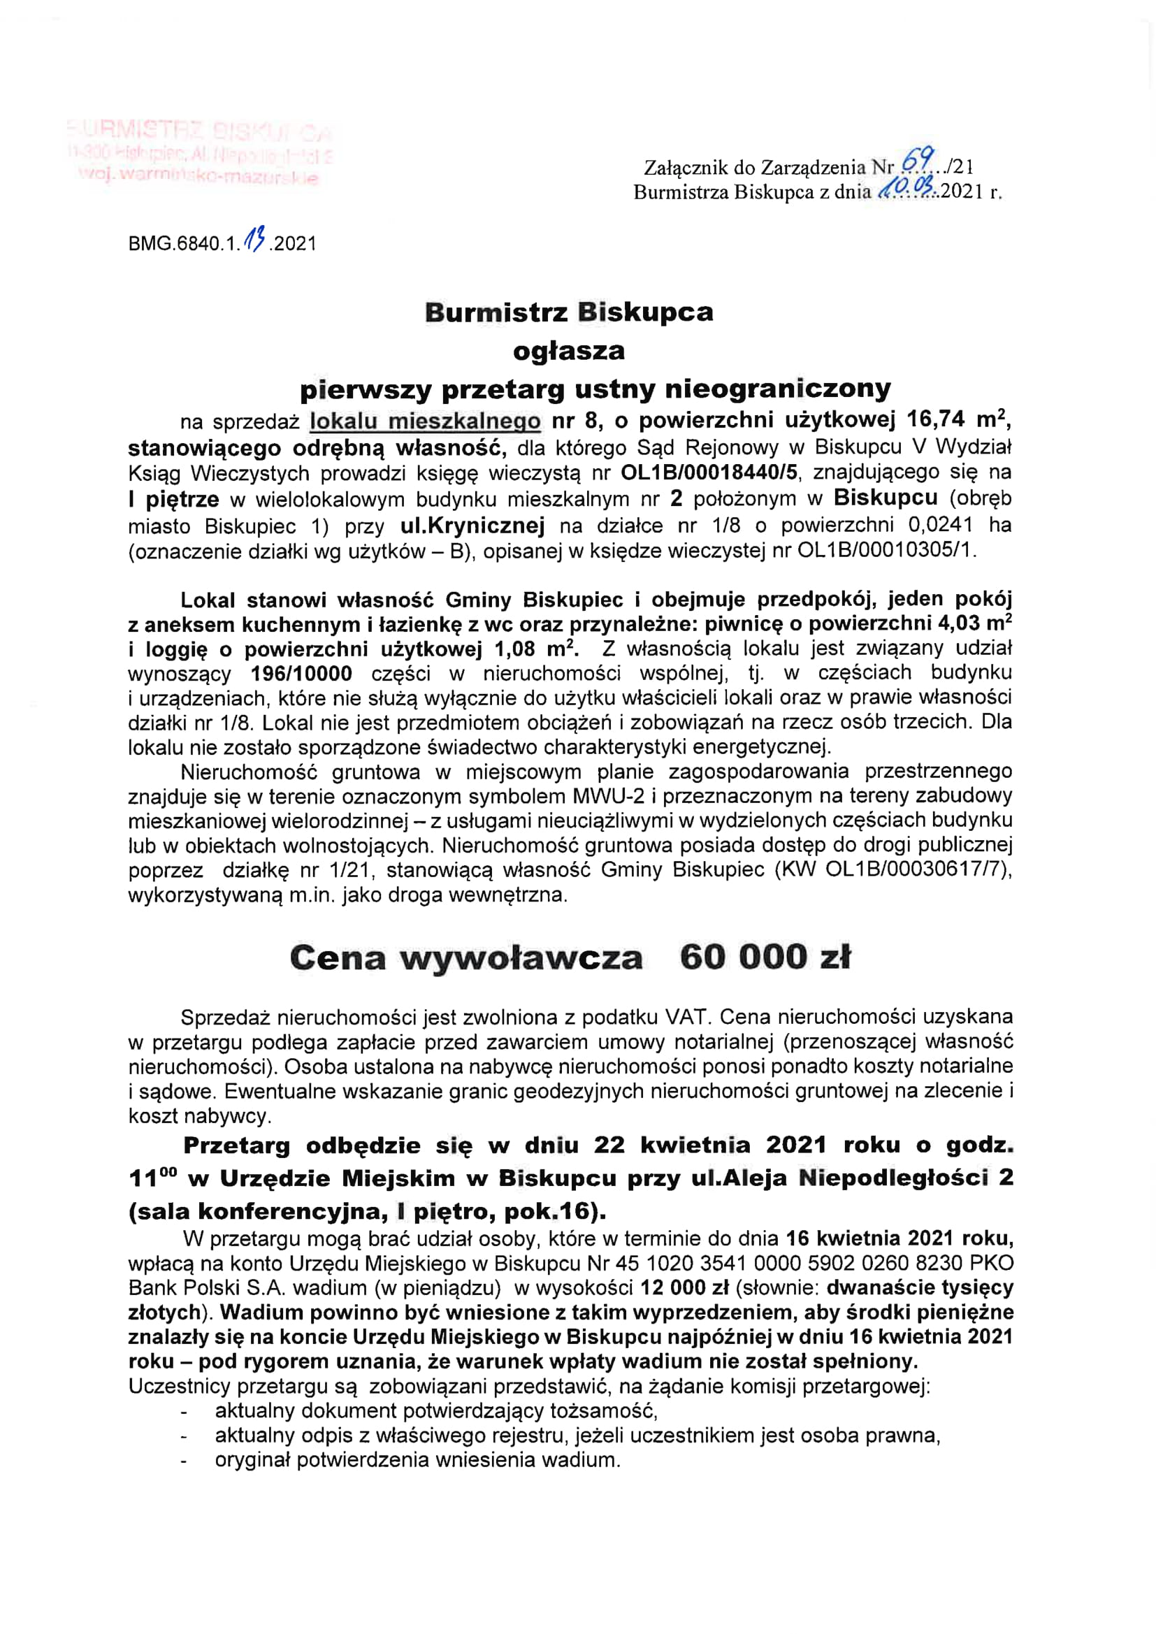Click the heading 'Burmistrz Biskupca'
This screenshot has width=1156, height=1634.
[569, 312]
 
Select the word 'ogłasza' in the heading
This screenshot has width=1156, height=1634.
[569, 351]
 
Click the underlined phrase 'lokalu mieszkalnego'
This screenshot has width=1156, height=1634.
[425, 421]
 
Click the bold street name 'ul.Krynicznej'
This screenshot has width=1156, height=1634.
[472, 526]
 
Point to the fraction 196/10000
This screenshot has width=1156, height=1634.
[302, 673]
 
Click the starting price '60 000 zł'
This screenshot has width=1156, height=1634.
[765, 957]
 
